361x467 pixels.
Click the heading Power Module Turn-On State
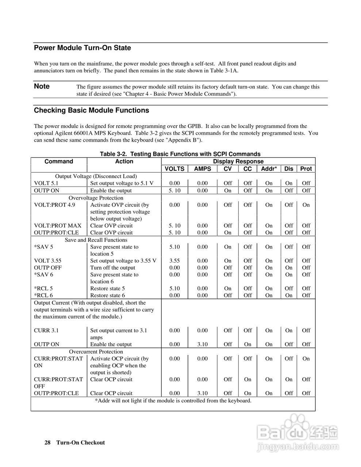pyautogui.click(x=82, y=48)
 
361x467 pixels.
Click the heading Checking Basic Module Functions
pyautogui.click(x=91, y=110)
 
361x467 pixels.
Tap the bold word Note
pyautogui.click(x=42, y=86)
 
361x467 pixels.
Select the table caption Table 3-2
pyautogui.click(x=180, y=154)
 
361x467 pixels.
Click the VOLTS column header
pyautogui.click(x=174, y=169)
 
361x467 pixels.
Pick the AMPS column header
pyautogui.click(x=202, y=169)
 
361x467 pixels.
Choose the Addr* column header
pyautogui.click(x=269, y=169)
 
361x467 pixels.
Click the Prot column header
pyautogui.click(x=306, y=169)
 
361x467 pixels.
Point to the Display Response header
pyautogui.click(x=238, y=161)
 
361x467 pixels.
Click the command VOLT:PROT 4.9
pyautogui.click(x=54, y=205)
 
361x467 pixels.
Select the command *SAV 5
pyautogui.click(x=43, y=247)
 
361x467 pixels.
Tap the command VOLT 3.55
pyautogui.click(x=47, y=261)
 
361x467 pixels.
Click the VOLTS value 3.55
pyautogui.click(x=174, y=261)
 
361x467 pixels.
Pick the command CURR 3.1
pyautogui.click(x=46, y=331)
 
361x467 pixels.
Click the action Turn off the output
pyautogui.click(x=112, y=268)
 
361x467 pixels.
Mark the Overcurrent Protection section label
pyautogui.click(x=96, y=352)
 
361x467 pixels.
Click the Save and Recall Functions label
pyautogui.click(x=96, y=240)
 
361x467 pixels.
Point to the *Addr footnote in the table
pyautogui.click(x=173, y=401)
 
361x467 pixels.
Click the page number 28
pyautogui.click(x=47, y=443)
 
